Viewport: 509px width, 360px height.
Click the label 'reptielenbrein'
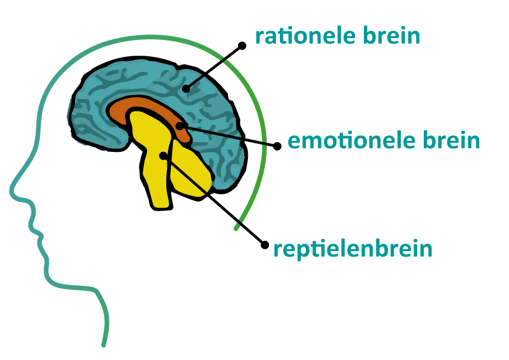point(353,249)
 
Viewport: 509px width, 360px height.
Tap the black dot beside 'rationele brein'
point(242,45)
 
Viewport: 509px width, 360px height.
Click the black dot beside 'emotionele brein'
point(277,146)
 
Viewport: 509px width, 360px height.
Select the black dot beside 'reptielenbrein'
point(264,244)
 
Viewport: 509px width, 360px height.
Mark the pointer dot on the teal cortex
point(186,89)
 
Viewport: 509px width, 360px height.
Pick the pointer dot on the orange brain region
point(179,126)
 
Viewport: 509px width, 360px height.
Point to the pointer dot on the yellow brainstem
point(163,155)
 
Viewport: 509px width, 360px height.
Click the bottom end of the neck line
point(103,345)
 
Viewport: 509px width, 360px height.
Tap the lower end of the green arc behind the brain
point(236,229)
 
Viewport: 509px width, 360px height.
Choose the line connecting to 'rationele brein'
point(214,67)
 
